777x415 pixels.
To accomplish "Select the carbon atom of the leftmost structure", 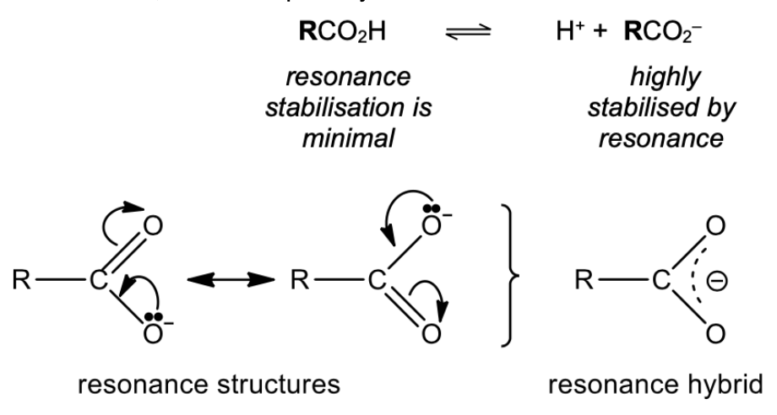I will (x=96, y=278).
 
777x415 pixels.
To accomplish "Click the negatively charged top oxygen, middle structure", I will (x=432, y=224).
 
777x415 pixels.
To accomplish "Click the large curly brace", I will (x=504, y=278).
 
